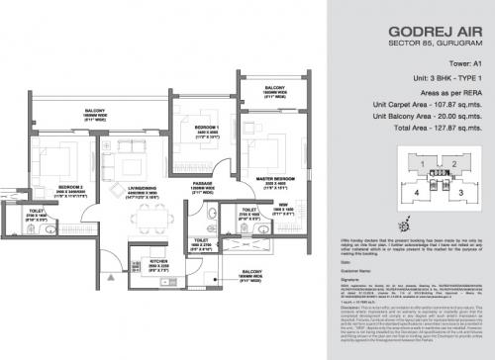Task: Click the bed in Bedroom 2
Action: (x=54, y=158)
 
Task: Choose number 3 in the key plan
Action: (x=462, y=195)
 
